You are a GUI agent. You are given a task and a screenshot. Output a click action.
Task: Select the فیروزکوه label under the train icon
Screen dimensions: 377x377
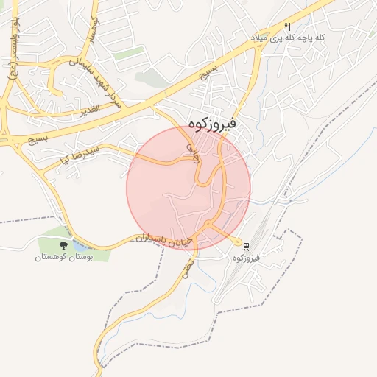pos(247,258)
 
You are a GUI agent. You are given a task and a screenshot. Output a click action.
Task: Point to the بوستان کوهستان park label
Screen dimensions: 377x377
pos(64,258)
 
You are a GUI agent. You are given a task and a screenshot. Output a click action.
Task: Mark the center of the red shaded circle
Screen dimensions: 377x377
pos(188,188)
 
